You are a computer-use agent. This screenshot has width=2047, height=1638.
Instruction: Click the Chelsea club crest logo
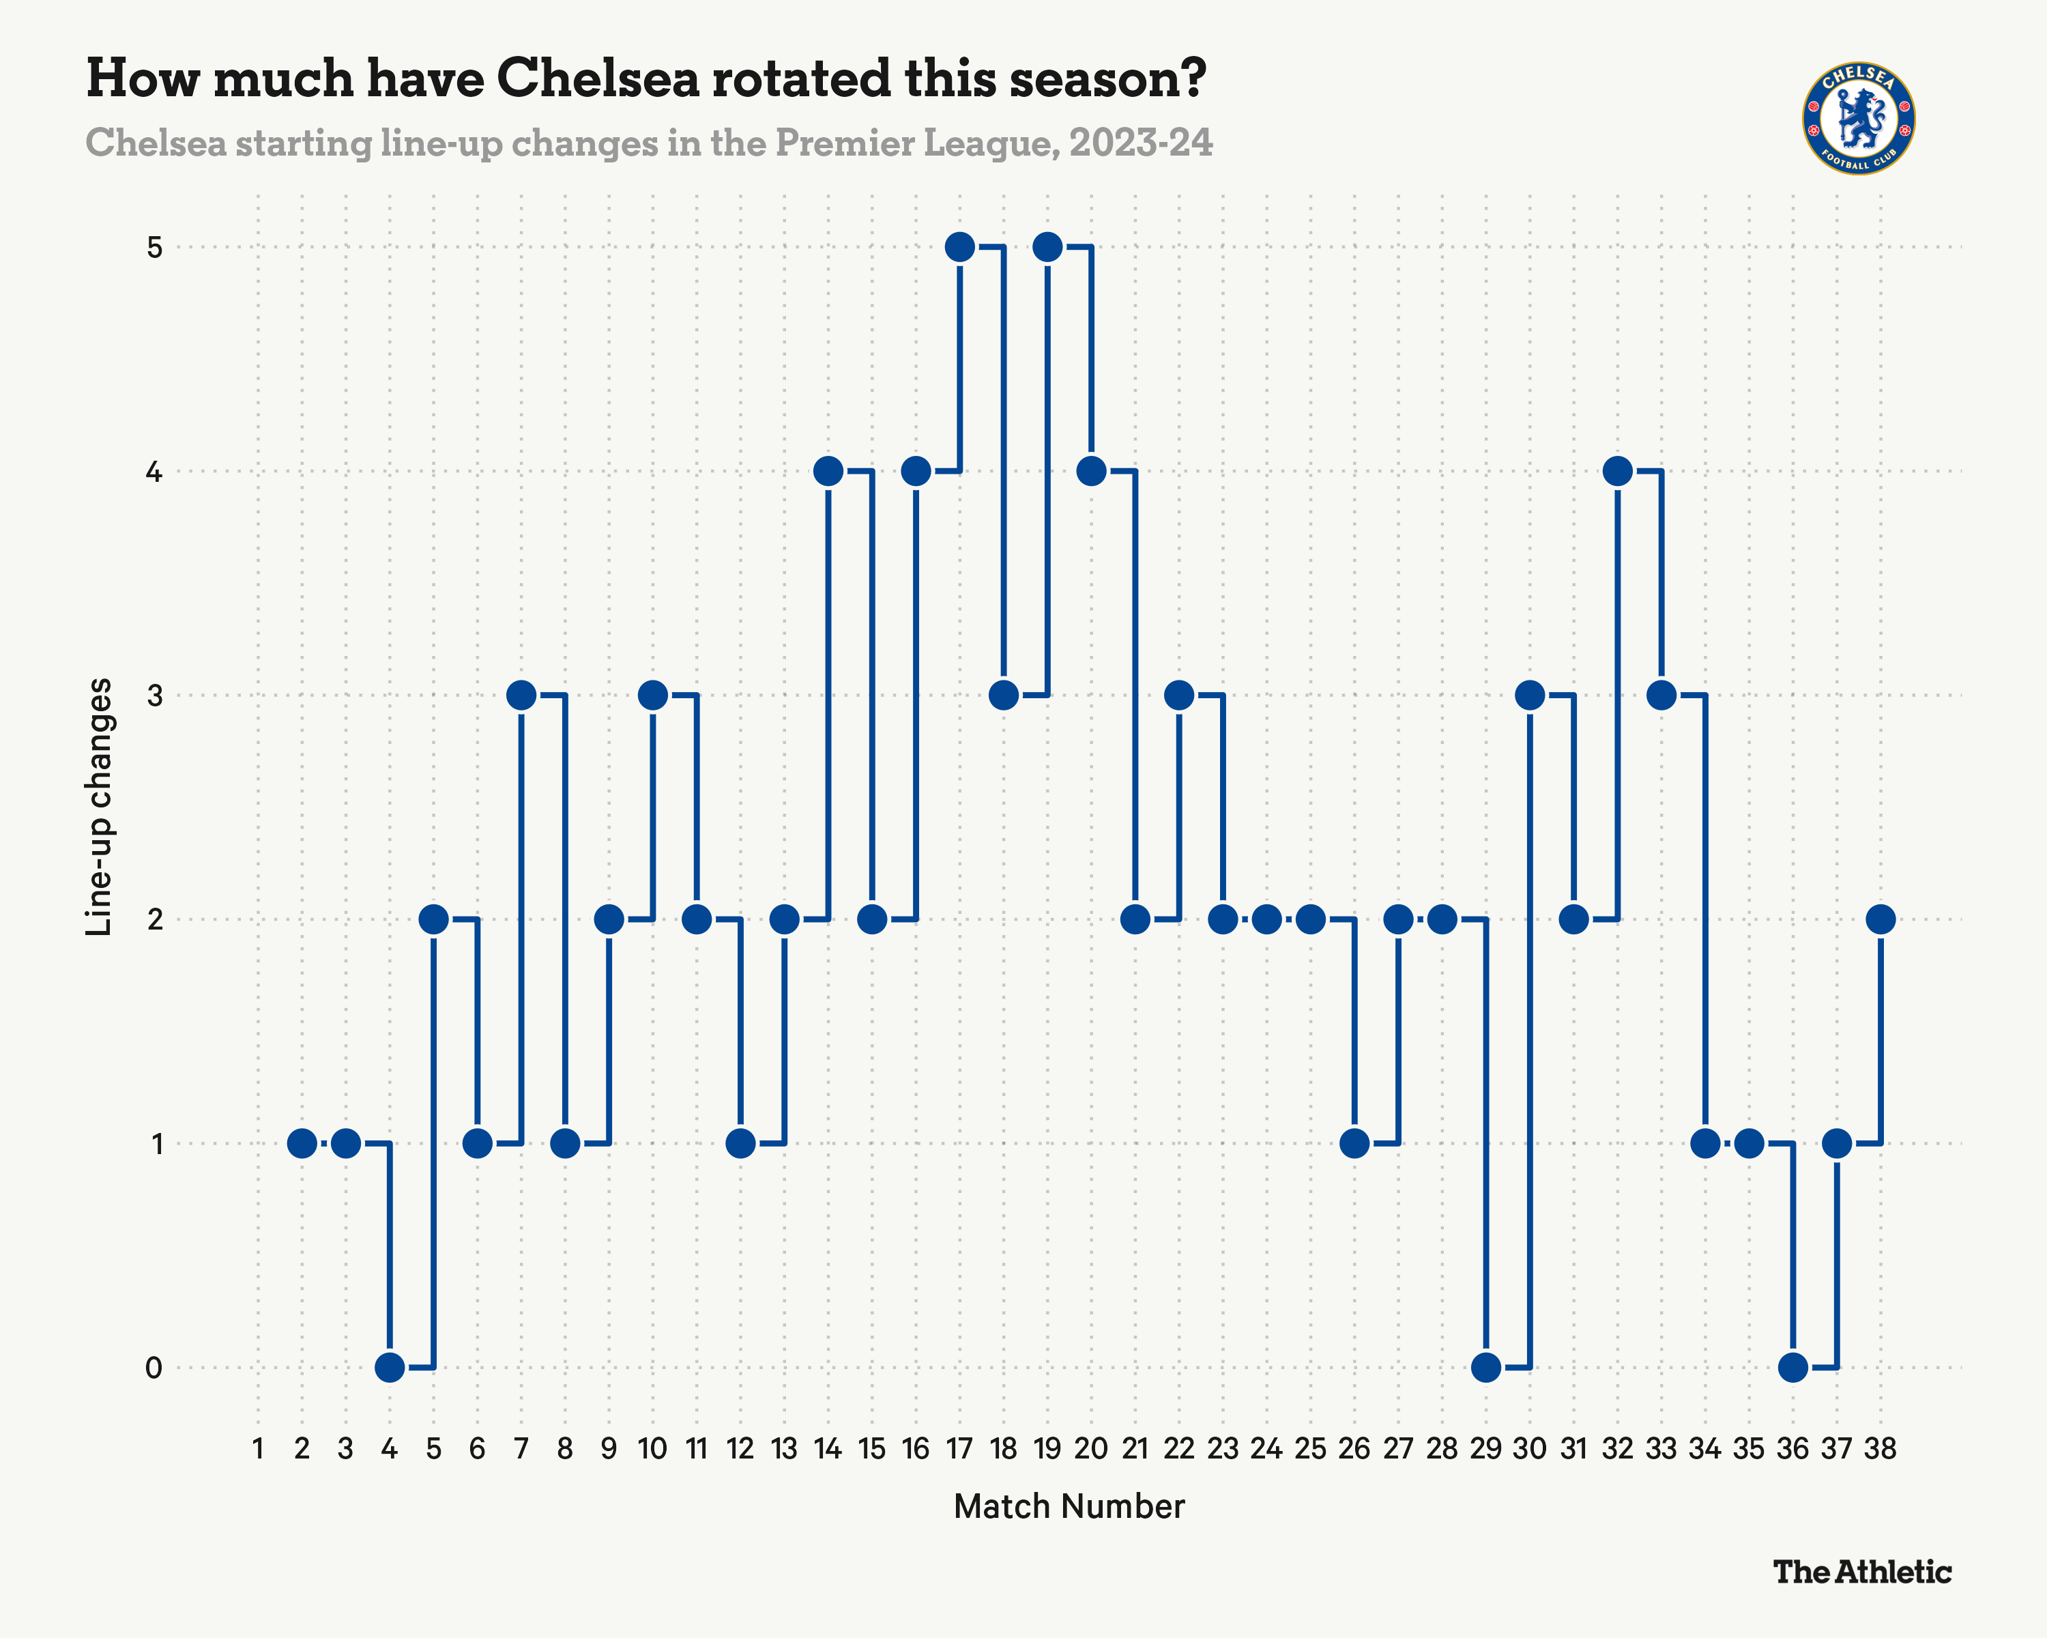1858,119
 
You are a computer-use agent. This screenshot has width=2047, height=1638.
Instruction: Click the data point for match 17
960,247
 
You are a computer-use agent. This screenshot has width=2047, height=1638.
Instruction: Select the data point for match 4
390,1367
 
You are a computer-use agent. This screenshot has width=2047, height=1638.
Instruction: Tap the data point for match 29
1486,1367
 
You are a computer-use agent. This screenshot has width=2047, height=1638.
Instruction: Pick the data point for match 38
1880,919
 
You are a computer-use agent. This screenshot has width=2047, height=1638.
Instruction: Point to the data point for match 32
1617,471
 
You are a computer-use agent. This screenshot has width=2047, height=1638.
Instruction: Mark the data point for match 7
521,695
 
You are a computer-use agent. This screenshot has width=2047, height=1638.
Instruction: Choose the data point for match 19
1047,247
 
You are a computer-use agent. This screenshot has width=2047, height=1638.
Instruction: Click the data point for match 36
1792,1367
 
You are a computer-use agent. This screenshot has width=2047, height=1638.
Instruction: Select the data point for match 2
302,1143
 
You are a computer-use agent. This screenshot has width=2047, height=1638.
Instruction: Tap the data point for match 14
828,471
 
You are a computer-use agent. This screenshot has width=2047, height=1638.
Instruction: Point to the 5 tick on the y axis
155,248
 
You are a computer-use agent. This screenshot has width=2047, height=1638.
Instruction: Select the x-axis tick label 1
257,1449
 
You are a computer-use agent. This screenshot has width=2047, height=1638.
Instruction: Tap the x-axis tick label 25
1310,1449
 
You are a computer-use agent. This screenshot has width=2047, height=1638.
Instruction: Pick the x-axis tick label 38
1880,1449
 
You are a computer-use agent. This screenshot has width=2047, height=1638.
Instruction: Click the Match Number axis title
1069,1507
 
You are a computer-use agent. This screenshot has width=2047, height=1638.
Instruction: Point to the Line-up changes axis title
99,807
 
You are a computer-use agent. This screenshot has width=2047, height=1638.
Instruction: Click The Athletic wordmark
1862,1572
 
